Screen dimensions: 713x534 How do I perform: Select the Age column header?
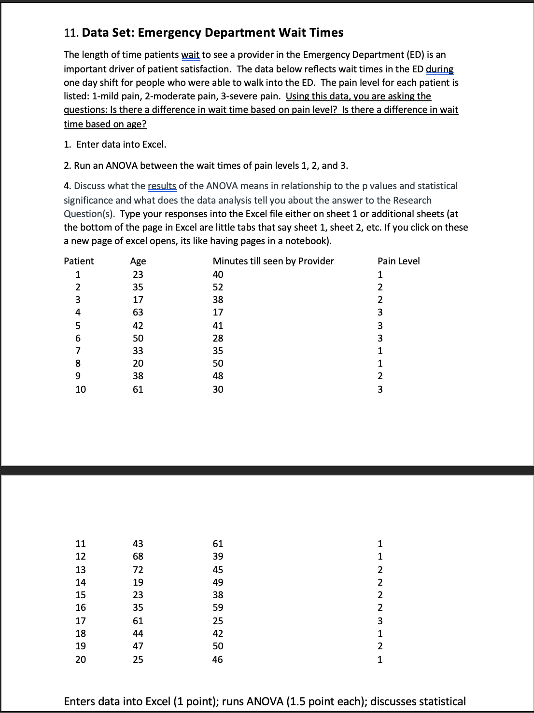coord(138,261)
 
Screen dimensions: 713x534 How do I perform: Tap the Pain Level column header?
coord(398,261)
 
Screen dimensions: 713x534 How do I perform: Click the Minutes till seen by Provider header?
coord(273,261)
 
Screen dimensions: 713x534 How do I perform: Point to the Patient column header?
coord(79,261)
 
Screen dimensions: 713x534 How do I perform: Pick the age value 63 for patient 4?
coord(138,312)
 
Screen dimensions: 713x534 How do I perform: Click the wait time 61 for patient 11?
coord(218,544)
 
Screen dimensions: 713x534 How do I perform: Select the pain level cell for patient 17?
coord(380,621)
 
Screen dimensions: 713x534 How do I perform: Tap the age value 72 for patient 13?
coord(138,570)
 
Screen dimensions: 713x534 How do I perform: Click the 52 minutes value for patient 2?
coord(218,287)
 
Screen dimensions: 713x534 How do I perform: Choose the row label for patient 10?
coord(81,389)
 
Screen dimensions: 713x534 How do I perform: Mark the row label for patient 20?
coord(81,659)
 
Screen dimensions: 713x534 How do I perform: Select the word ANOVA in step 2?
coord(121,166)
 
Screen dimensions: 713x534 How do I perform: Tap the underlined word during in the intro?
coord(439,69)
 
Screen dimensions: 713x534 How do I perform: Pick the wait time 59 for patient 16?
coord(218,607)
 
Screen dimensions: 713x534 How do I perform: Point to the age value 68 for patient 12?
coord(138,556)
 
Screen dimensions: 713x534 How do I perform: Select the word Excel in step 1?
coord(154,145)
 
